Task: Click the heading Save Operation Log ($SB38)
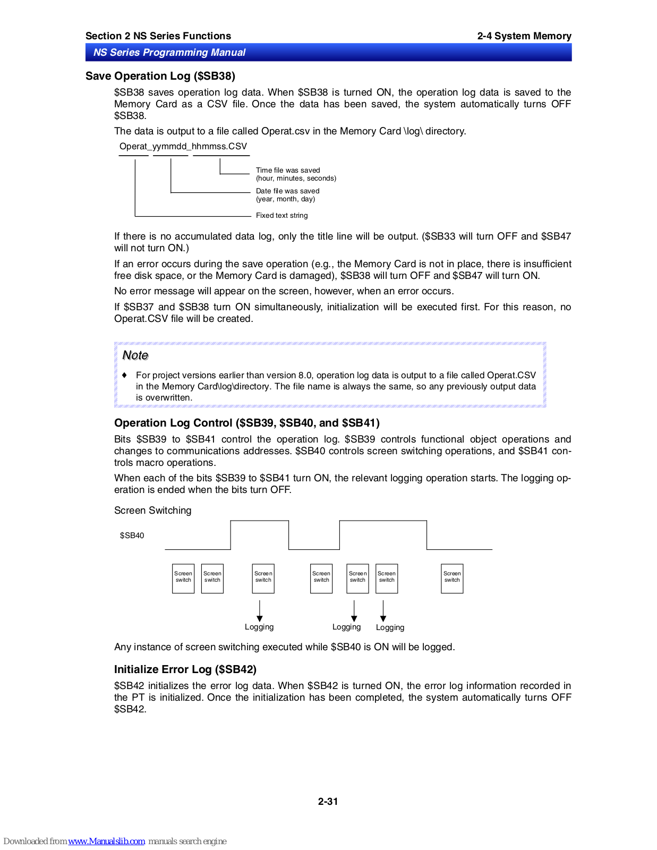pyautogui.click(x=160, y=76)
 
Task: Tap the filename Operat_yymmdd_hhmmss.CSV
pyautogui.click(x=183, y=147)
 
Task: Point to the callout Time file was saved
pyautogui.click(x=288, y=171)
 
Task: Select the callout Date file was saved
pyautogui.click(x=287, y=191)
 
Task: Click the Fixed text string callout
pyautogui.click(x=281, y=216)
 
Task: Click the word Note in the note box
pyautogui.click(x=135, y=355)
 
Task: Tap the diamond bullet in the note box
pyautogui.click(x=125, y=375)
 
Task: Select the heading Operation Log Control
pyautogui.click(x=246, y=423)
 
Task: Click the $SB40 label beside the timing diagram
pyautogui.click(x=132, y=535)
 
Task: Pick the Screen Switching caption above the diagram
pyautogui.click(x=152, y=511)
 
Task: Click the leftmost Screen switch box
pyautogui.click(x=183, y=578)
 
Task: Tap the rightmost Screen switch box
pyautogui.click(x=452, y=578)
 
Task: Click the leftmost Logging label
pyautogui.click(x=259, y=627)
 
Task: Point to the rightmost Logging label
pyautogui.click(x=390, y=627)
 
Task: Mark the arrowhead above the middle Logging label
pyautogui.click(x=354, y=618)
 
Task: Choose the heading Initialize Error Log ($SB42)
pyautogui.click(x=185, y=669)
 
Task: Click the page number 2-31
pyautogui.click(x=328, y=802)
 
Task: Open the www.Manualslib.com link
pyautogui.click(x=106, y=841)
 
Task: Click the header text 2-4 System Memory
pyautogui.click(x=524, y=36)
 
